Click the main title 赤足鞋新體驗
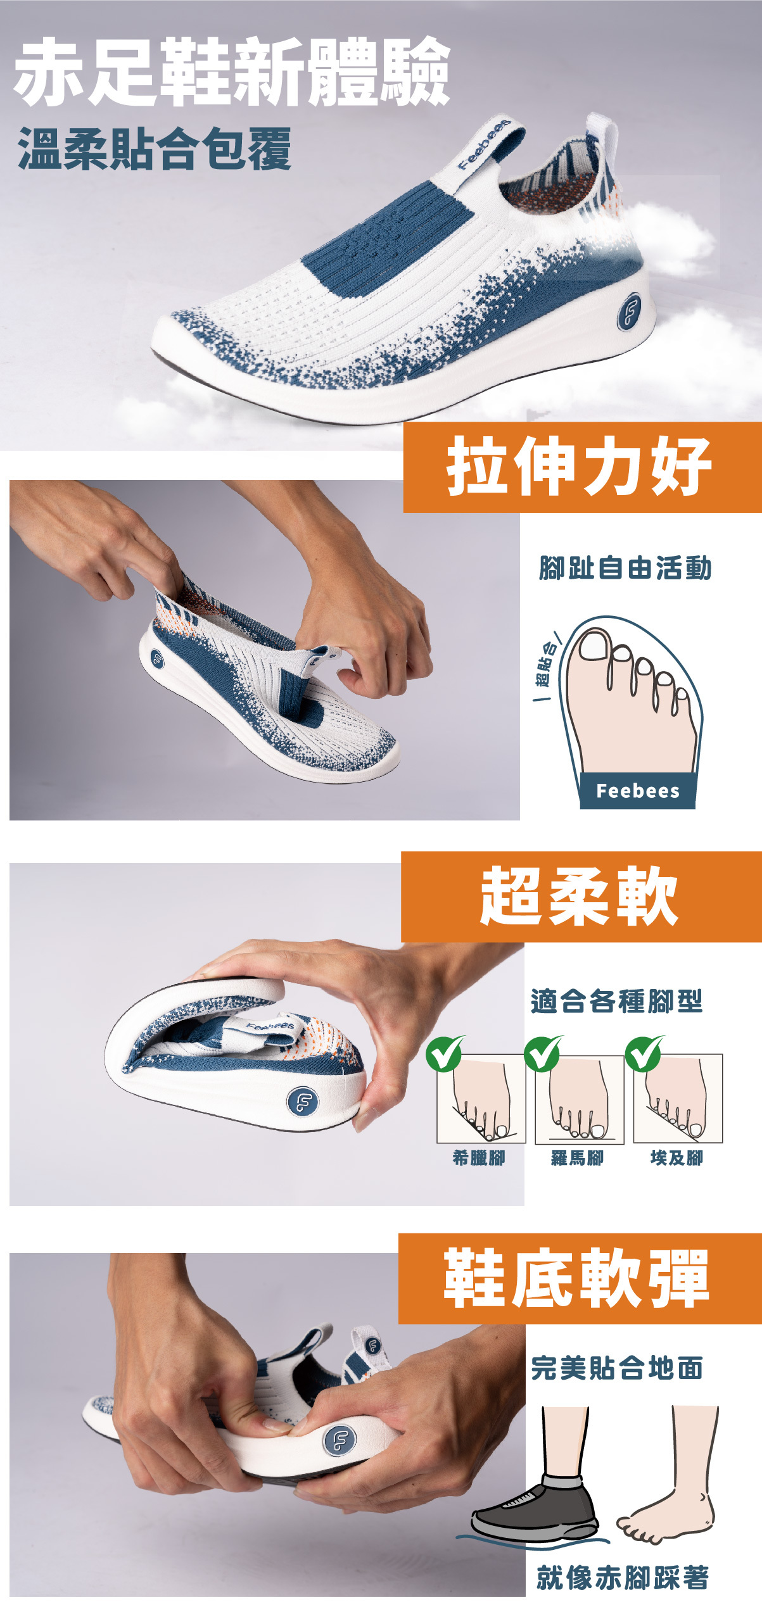[232, 72]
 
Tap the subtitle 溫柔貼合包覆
[154, 149]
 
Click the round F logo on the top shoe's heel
[629, 311]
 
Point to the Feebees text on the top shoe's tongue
[484, 144]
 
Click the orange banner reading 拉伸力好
[581, 467]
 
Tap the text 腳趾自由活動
[625, 568]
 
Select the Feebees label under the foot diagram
[637, 791]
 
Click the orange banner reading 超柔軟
[580, 897]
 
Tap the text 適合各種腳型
[616, 1001]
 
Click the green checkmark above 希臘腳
[444, 1053]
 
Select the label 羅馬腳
[577, 1158]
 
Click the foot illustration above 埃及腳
[678, 1099]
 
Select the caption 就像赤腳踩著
[622, 1577]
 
